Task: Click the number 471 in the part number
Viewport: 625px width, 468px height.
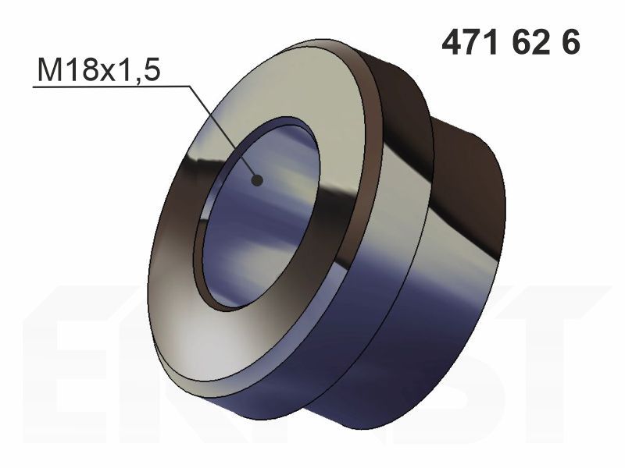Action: [x=470, y=43]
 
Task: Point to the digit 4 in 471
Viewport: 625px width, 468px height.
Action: [x=452, y=43]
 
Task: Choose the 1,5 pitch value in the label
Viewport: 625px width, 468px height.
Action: [x=139, y=70]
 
